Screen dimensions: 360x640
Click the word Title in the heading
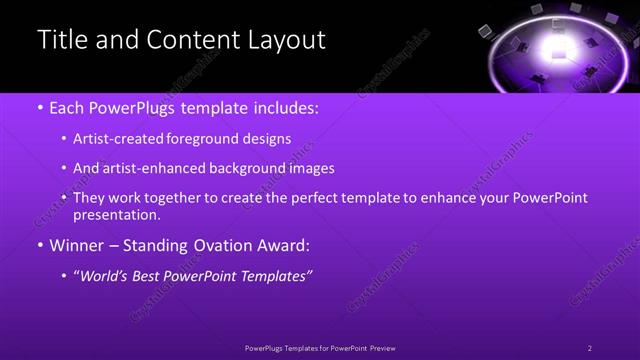61,40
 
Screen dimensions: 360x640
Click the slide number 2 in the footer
590,348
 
